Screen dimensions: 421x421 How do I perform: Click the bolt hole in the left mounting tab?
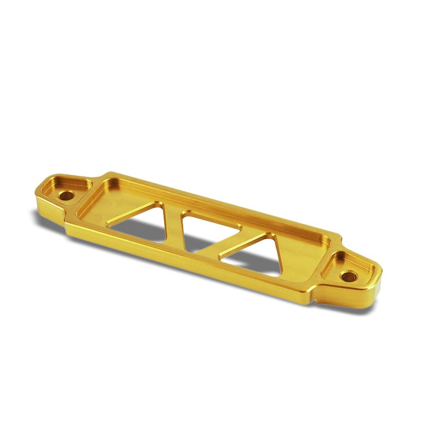point(66,195)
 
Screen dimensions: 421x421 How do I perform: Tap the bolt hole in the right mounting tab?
point(349,275)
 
